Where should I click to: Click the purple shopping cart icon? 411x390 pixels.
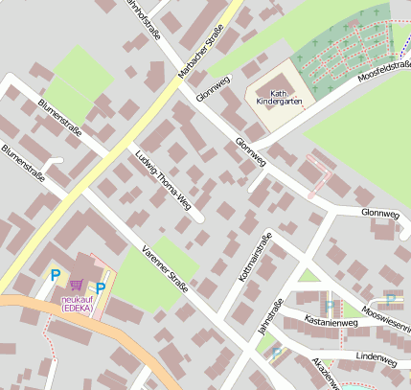coord(77,285)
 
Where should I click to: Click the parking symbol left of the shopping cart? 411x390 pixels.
coord(54,276)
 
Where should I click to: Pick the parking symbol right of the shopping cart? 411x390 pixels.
coord(101,287)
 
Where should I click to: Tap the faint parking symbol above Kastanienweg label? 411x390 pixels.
coord(329,306)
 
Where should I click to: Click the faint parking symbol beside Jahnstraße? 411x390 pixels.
coord(276,353)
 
